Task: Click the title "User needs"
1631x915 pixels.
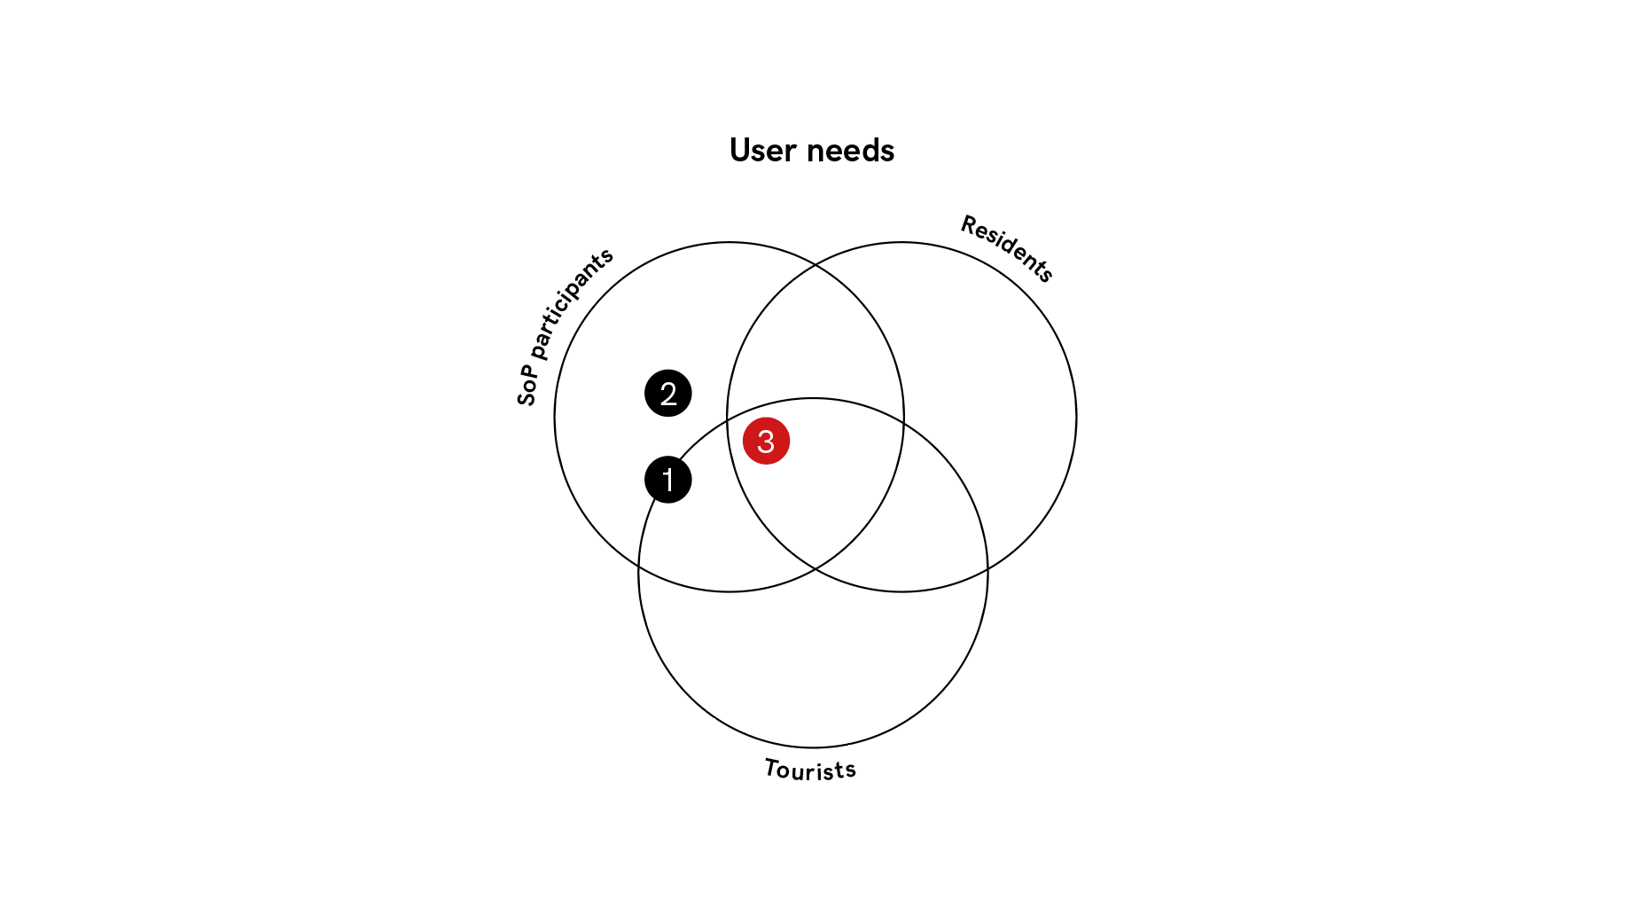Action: [x=812, y=151]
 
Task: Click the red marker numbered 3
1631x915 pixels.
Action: [x=766, y=441]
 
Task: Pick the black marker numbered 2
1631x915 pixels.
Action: [x=668, y=393]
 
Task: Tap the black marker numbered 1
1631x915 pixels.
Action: [x=668, y=480]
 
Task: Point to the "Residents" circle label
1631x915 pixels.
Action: [x=1008, y=248]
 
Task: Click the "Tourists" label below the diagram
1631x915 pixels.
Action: [x=810, y=770]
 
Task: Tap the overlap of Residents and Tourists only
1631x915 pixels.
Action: [x=922, y=523]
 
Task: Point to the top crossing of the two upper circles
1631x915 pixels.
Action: [x=815, y=264]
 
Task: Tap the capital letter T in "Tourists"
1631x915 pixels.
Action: [x=773, y=767]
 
